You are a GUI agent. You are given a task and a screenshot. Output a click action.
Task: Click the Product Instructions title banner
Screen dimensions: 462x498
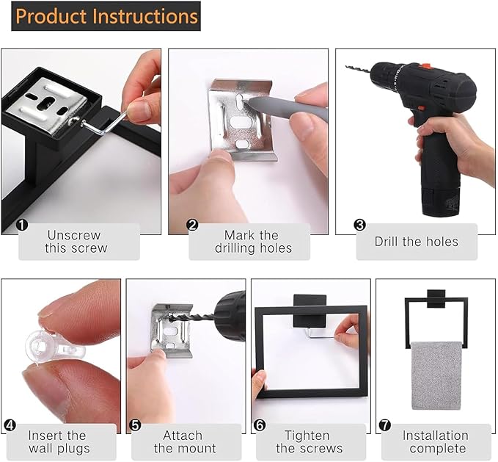(x=106, y=16)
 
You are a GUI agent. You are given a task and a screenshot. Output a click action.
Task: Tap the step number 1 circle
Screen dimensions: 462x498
(x=23, y=225)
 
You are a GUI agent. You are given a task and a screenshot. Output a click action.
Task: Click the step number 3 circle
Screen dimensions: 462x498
(x=359, y=225)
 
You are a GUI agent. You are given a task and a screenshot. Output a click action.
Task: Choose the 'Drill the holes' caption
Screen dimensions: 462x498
(x=416, y=242)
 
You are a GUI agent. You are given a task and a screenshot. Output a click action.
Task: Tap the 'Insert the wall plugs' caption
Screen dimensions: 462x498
(x=59, y=442)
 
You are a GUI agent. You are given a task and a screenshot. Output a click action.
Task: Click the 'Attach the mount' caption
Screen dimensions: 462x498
(x=184, y=442)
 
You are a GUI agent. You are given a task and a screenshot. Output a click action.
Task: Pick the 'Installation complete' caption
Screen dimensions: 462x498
(x=435, y=442)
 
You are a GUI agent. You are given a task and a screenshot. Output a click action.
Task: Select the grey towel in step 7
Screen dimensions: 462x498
(x=435, y=375)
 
